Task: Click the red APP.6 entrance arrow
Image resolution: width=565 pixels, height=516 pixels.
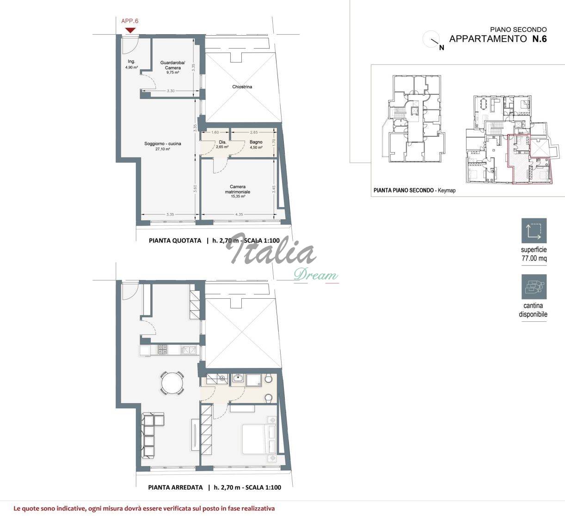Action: tap(130, 30)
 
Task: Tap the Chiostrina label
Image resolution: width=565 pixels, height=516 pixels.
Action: tap(242, 87)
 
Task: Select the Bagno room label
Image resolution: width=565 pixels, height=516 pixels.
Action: tap(256, 142)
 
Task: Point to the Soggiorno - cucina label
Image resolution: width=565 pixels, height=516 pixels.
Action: tap(162, 144)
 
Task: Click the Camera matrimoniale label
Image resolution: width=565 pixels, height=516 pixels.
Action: tap(238, 189)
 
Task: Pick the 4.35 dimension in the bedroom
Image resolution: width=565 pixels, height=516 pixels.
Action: tap(239, 215)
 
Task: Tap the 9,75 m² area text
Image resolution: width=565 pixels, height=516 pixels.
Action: tap(172, 73)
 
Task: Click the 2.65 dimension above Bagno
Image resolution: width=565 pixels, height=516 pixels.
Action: tap(253, 132)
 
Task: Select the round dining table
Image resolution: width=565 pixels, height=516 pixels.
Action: tap(172, 383)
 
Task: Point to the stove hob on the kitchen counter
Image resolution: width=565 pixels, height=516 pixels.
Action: tap(162, 350)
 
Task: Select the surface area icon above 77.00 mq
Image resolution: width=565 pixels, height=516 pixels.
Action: tap(534, 230)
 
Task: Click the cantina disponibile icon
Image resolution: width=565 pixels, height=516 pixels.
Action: tap(534, 287)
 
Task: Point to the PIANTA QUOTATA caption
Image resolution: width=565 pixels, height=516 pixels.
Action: tap(175, 240)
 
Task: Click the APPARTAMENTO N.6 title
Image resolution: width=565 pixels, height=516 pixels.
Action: tap(497, 39)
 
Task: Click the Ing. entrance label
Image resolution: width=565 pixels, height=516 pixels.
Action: tap(131, 61)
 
